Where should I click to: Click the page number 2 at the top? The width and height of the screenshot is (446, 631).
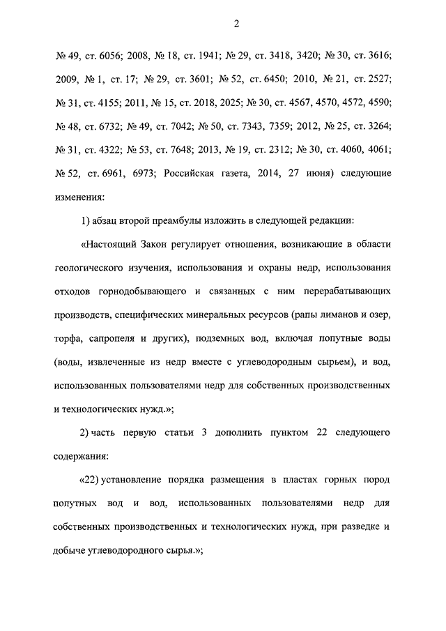point(236,25)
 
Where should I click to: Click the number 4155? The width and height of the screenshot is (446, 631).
point(108,103)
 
